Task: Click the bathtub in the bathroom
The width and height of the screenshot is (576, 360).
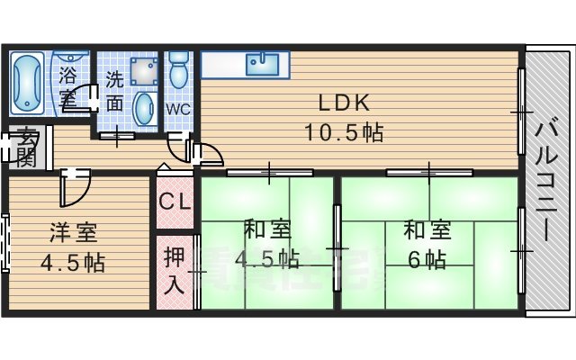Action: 27,81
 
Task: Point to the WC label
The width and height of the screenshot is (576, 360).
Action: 178,108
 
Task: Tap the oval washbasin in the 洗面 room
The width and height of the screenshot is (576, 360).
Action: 142,108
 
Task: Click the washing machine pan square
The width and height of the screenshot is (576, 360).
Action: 142,69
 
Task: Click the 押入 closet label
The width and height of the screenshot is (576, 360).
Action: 175,270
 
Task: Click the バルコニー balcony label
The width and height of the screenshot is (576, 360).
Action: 545,180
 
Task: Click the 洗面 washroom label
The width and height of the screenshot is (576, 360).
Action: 114,90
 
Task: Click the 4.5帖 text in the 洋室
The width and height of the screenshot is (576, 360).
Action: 74,264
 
